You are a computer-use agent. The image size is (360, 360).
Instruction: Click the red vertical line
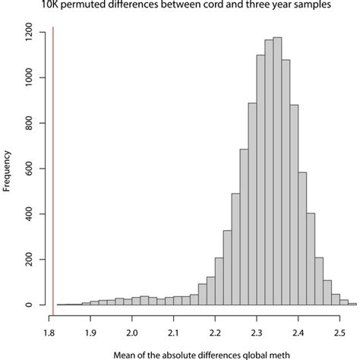(53, 167)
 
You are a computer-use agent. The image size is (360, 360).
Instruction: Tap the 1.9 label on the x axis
(90, 331)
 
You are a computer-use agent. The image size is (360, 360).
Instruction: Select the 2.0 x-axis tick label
(132, 331)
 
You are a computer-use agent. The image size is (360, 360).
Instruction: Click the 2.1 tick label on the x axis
(174, 331)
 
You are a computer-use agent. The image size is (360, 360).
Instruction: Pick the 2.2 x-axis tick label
(216, 331)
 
